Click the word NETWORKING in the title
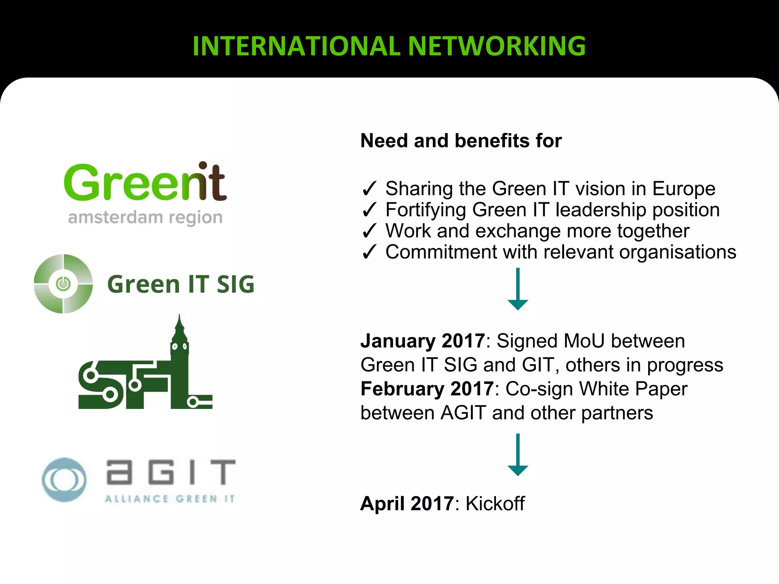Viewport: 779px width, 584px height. coord(497,46)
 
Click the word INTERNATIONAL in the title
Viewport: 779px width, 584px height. coord(296,46)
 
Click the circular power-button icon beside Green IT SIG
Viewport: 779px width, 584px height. coord(63,284)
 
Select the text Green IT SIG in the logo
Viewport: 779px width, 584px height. coord(181,284)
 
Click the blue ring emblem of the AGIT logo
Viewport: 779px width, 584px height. coord(64,479)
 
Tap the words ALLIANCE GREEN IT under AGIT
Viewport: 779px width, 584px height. coord(170,499)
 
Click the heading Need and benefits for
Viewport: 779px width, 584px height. coord(461,141)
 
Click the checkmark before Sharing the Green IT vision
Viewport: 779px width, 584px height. coord(369,189)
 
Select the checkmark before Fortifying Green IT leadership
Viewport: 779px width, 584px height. coord(369,210)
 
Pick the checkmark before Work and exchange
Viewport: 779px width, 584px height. coord(369,231)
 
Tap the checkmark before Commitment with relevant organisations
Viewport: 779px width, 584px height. coord(369,252)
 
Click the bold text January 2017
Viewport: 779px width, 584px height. coord(423,341)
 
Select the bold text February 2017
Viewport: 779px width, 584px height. coord(427,389)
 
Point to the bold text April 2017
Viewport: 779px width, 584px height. coord(407,503)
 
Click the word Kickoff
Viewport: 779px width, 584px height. coord(495,503)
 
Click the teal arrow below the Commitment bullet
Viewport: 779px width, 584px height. coord(518,289)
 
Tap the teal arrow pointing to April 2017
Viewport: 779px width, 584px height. coord(518,454)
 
